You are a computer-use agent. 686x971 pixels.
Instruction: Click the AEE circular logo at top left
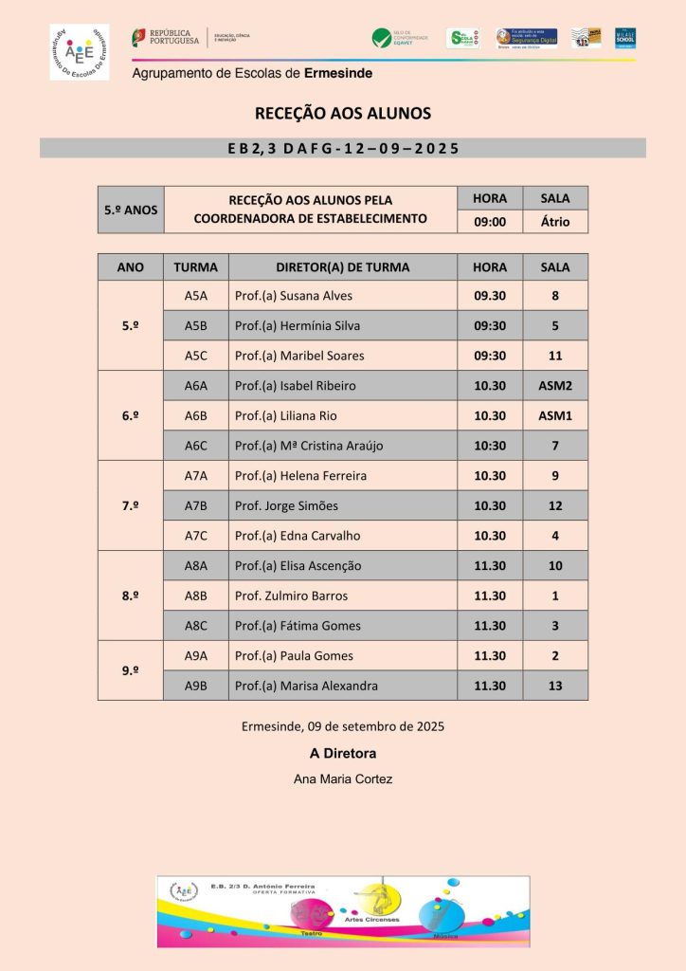click(x=80, y=52)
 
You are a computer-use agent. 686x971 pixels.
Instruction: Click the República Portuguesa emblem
click(x=140, y=37)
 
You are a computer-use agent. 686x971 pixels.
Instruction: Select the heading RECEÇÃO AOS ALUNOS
click(x=343, y=114)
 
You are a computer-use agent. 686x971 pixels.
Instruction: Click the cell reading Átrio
click(x=554, y=222)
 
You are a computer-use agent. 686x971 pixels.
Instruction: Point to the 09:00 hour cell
click(x=490, y=222)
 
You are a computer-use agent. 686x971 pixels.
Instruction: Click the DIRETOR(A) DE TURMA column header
click(x=342, y=267)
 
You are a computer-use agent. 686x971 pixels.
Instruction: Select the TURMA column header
click(x=195, y=267)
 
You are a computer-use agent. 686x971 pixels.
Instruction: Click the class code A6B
click(x=195, y=415)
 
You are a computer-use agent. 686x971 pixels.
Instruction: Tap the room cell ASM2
click(x=554, y=386)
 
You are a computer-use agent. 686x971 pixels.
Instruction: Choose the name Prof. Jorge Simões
click(x=286, y=505)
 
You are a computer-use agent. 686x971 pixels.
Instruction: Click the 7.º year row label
click(x=131, y=505)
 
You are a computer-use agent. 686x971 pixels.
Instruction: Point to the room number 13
click(x=554, y=686)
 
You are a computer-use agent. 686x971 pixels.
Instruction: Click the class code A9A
click(x=195, y=655)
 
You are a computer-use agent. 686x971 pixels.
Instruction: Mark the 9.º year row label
click(x=131, y=670)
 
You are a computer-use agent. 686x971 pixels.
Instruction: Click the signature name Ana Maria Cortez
click(x=343, y=779)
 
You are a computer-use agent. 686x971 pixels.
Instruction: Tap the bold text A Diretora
click(x=343, y=754)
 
